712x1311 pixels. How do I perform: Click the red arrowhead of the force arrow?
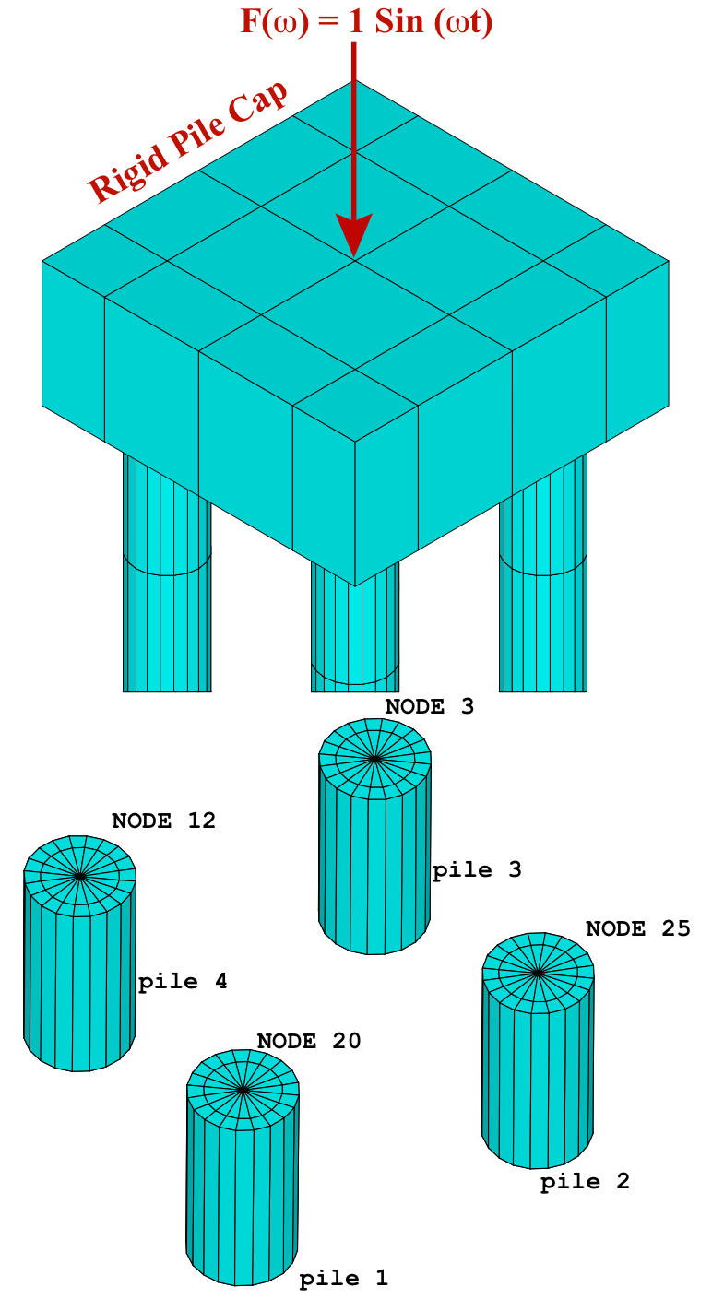[353, 235]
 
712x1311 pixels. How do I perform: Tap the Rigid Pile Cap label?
[187, 142]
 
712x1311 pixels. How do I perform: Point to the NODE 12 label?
[163, 821]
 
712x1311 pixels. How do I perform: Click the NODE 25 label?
[637, 929]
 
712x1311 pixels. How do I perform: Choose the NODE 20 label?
[308, 1042]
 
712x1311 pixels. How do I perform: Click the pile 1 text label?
[343, 1279]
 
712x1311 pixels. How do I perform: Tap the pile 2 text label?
[585, 1182]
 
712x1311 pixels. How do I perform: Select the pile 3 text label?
[477, 870]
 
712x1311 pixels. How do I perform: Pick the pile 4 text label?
[183, 982]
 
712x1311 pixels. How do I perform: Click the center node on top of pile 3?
[374, 759]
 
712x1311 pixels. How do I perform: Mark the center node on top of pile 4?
[80, 876]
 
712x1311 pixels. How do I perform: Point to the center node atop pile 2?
[538, 972]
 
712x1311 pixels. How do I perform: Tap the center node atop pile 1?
[243, 1090]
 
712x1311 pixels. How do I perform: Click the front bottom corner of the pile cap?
[355, 585]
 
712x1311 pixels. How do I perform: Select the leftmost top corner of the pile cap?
[42, 261]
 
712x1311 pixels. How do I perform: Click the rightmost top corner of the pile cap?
[669, 261]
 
